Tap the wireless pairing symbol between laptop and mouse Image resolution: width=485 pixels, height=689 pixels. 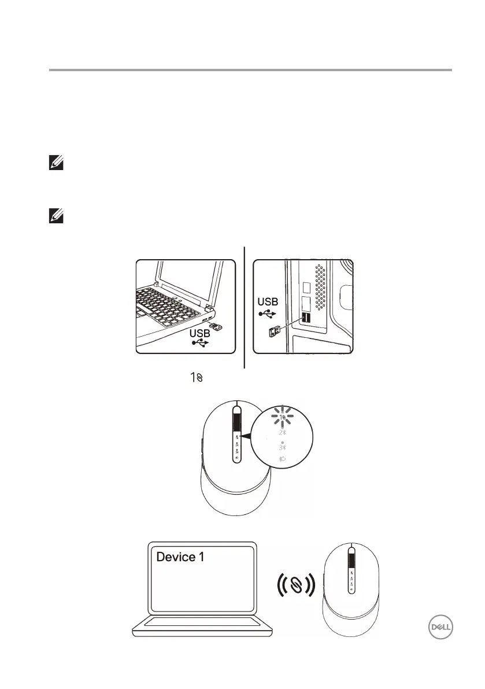pyautogui.click(x=295, y=584)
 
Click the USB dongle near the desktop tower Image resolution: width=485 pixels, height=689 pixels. pyautogui.click(x=275, y=332)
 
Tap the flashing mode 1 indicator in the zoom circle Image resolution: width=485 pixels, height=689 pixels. pyautogui.click(x=283, y=417)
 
